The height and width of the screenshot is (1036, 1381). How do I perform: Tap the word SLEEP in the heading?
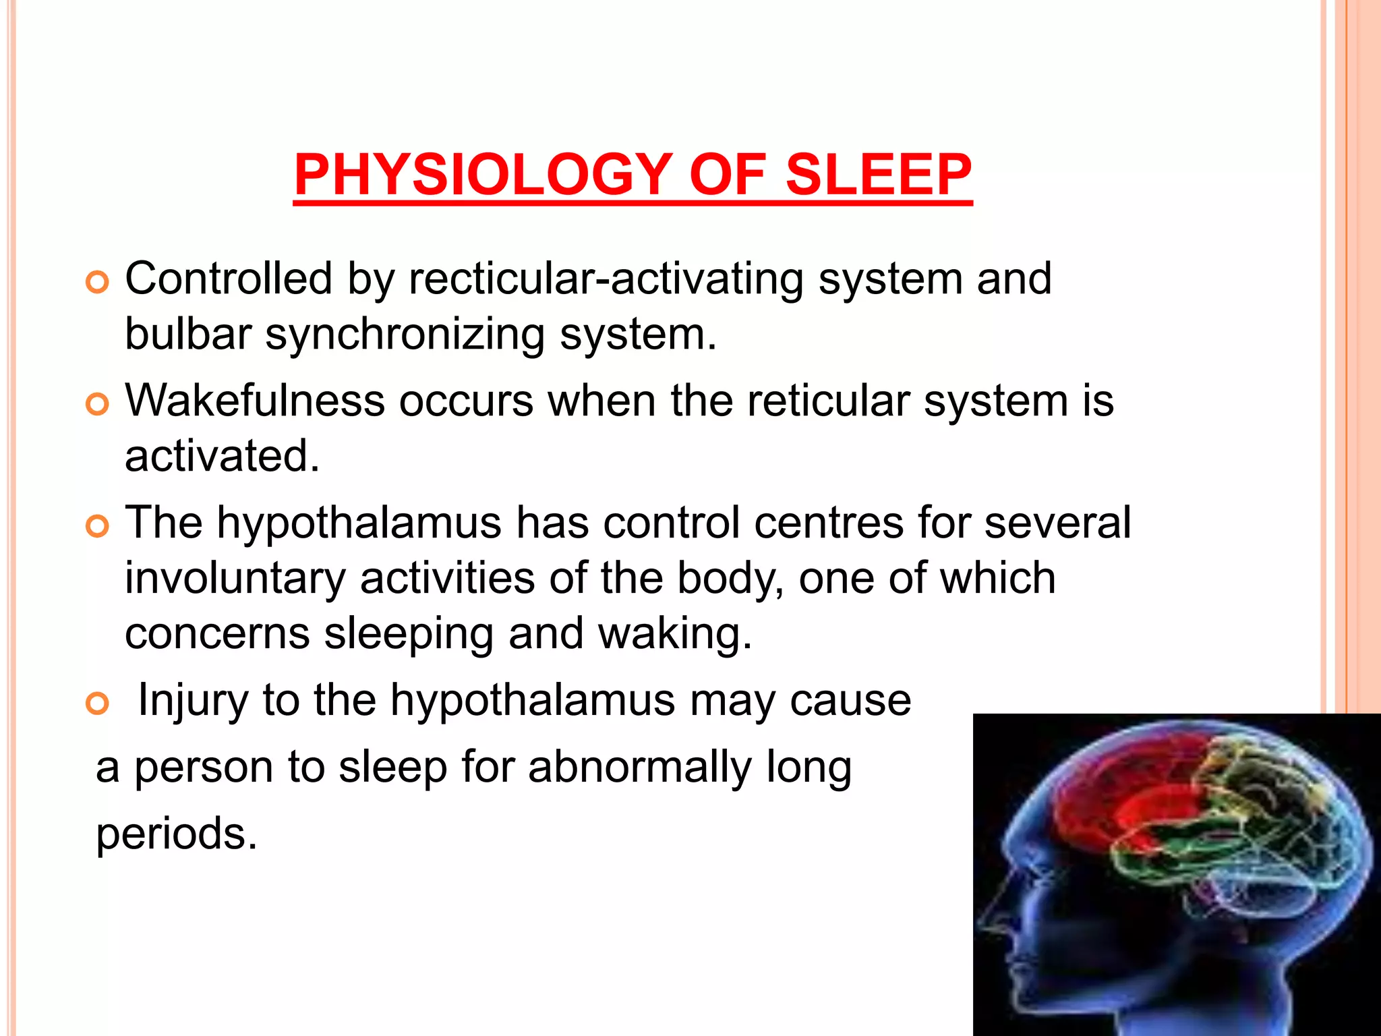click(x=879, y=175)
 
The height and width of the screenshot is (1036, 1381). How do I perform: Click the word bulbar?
click(x=188, y=334)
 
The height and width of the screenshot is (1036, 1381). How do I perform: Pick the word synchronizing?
click(x=405, y=335)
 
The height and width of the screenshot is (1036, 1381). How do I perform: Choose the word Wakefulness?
click(x=255, y=401)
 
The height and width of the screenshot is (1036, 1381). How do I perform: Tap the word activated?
click(x=222, y=456)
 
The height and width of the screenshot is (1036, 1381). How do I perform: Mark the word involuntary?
click(x=235, y=579)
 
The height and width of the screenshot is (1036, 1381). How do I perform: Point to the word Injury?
click(x=193, y=701)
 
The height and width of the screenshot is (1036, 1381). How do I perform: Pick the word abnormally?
click(x=639, y=768)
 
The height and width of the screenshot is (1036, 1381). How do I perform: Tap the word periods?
click(x=177, y=834)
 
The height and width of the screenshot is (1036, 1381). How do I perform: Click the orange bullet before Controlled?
click(x=98, y=283)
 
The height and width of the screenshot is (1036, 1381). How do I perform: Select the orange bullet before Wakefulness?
click(x=98, y=405)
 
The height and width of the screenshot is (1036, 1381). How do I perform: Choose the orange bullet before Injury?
click(x=98, y=704)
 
